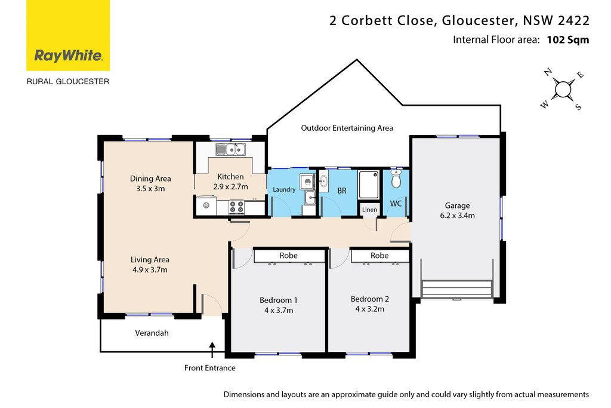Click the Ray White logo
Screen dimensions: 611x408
[x=68, y=35]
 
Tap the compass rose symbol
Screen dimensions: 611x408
[x=562, y=90]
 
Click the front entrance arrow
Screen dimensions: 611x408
[x=212, y=350]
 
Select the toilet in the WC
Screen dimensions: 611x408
[x=396, y=179]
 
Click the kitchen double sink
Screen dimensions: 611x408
[x=231, y=149]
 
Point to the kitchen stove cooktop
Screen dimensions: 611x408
[x=236, y=207]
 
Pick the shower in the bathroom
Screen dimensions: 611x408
[x=369, y=185]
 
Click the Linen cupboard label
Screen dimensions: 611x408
[x=369, y=210]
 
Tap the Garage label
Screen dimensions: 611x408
[x=457, y=205]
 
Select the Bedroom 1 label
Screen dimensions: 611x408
[x=278, y=300]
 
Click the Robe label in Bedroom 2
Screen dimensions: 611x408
[x=379, y=256]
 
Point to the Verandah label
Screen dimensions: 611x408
[x=152, y=333]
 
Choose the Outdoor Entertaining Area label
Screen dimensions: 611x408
[x=347, y=128]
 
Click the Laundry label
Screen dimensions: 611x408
[x=283, y=189]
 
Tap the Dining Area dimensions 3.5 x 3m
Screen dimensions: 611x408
[x=150, y=189]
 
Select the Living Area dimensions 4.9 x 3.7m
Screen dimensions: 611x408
[x=150, y=270]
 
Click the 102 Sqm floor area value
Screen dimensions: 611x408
[x=568, y=40]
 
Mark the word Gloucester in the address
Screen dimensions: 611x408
[x=480, y=21]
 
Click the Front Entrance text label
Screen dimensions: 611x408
[x=209, y=368]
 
